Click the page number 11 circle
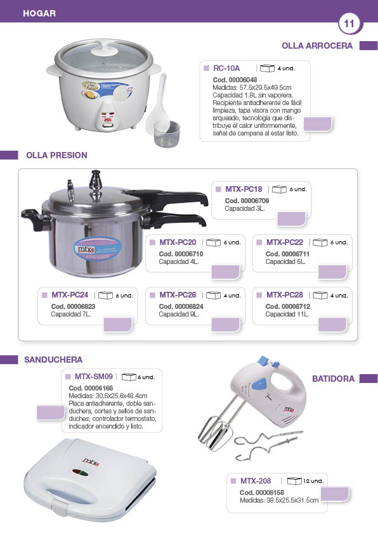[x=349, y=24]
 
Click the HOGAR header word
[x=39, y=13]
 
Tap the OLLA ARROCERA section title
[x=317, y=46]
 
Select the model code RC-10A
[x=226, y=68]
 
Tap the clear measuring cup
[x=167, y=134]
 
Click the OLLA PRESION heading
[x=56, y=155]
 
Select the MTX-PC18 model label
[x=244, y=189]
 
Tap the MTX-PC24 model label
[x=70, y=295]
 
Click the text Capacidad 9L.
[x=179, y=314]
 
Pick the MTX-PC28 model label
[x=285, y=295]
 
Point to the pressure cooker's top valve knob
[x=96, y=180]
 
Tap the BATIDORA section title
[x=333, y=379]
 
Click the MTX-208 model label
[x=256, y=481]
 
